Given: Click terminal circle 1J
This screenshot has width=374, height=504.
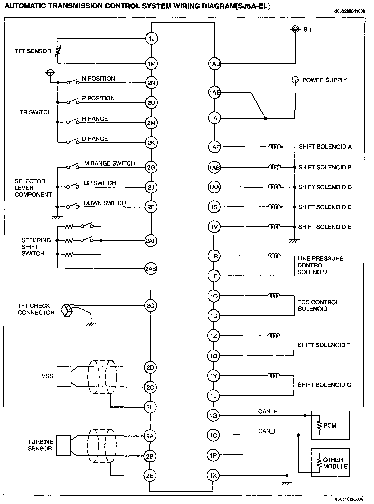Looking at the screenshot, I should coord(152,38).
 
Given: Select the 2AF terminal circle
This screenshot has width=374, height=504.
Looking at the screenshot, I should coord(151,241).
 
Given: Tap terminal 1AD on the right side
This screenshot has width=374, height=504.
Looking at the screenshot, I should coord(214,64).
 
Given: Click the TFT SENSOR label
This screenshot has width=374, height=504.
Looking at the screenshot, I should coord(33,51).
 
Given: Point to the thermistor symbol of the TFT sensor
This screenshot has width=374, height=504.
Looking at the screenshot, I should coord(58,51).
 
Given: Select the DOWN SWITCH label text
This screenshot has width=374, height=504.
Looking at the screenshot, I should coord(105,203).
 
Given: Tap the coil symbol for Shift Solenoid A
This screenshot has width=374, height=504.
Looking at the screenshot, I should coord(275,147).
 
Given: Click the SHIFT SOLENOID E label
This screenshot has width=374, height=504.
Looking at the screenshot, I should coord(325,227).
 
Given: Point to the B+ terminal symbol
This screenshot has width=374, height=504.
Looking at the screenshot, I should coord(295,29).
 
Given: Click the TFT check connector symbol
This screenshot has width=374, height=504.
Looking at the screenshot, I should coord(67,310).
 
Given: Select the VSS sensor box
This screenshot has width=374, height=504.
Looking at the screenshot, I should coord(64,377).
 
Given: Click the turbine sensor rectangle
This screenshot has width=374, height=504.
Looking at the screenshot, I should coord(63,445).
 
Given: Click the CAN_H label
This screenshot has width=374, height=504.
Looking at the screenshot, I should coord(268,411).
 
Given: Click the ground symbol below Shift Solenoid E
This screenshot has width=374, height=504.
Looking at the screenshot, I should coord(294,241).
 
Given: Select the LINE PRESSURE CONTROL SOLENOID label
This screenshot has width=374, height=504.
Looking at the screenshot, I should coord(320,265).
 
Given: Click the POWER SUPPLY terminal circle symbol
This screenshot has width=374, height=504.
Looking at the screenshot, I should coord(295,80).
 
